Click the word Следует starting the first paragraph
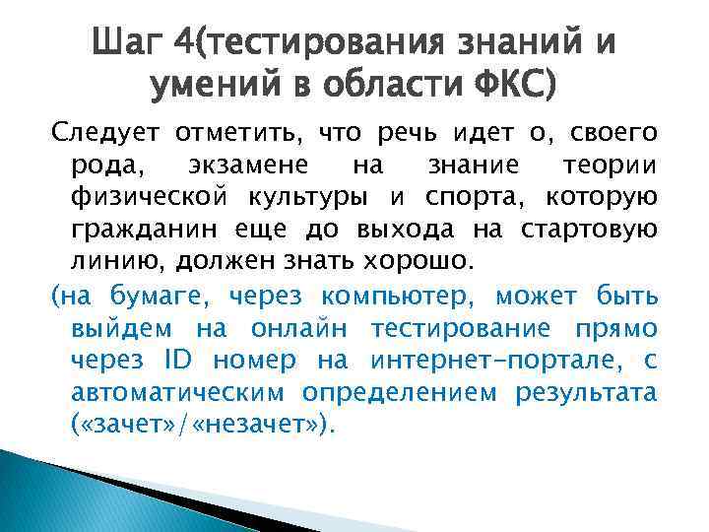click(x=105, y=133)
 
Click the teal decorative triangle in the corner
click(x=59, y=493)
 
